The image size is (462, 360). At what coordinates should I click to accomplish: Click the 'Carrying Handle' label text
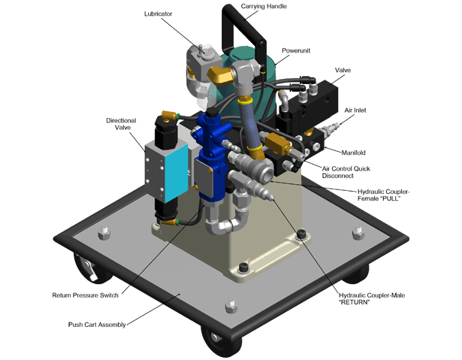[264, 7]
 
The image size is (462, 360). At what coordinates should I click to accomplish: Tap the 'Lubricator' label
[158, 14]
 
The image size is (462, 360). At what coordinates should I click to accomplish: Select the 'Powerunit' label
[296, 50]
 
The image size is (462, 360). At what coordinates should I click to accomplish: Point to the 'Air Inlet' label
[355, 110]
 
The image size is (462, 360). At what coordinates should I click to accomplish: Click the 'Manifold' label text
[353, 153]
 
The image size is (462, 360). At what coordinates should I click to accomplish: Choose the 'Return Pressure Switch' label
[85, 295]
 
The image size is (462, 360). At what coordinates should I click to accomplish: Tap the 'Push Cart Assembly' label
[97, 325]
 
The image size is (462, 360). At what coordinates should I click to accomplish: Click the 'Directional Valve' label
[121, 124]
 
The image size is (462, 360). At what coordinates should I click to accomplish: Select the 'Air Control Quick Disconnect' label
[346, 172]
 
